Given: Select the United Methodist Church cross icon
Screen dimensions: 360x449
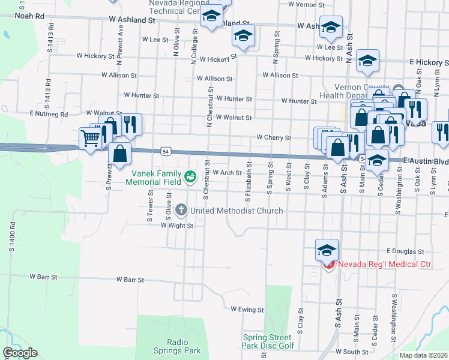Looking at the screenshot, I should (x=182, y=211).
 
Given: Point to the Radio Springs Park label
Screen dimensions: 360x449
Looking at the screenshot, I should (x=183, y=346).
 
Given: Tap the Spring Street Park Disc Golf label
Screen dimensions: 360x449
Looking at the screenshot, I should (x=268, y=341).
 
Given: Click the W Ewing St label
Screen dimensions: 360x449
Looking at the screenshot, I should (x=247, y=310).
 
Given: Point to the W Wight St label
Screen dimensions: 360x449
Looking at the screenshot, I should (x=176, y=226).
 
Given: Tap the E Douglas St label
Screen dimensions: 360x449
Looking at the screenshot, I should (x=406, y=251).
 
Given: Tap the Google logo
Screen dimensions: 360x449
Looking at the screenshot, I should (x=20, y=353).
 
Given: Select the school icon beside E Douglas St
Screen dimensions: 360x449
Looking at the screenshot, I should (x=327, y=250).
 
